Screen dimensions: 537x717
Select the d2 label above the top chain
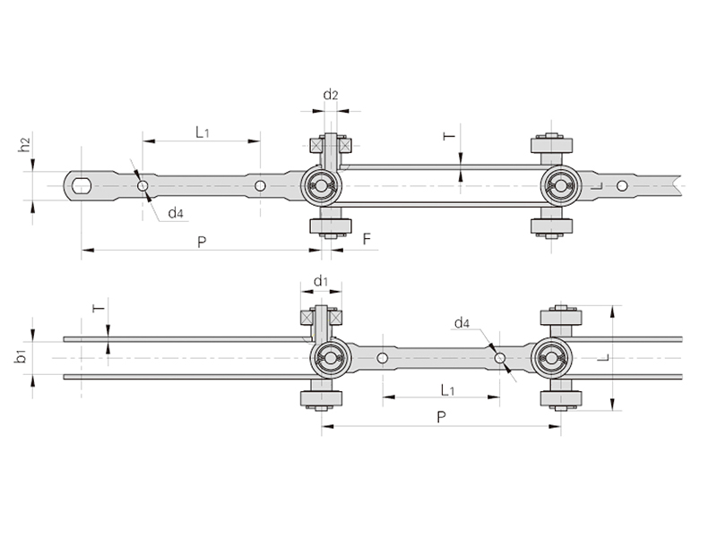coord(331,95)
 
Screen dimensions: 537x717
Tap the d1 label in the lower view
coord(320,281)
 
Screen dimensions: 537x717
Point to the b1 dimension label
coord(21,358)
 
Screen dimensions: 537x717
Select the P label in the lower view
coord(440,416)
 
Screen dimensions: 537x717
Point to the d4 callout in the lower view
coord(462,322)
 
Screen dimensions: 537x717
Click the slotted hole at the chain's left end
coord(81,185)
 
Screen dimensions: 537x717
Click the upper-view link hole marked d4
coord(142,185)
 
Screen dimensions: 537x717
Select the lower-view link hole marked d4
coord(500,358)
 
